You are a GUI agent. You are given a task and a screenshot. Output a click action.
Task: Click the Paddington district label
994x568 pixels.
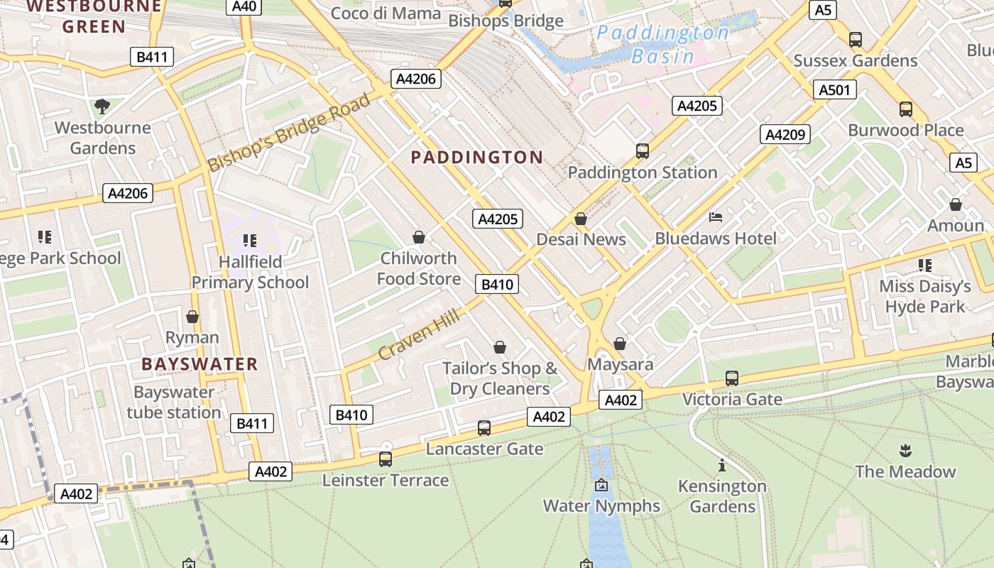pos(477,157)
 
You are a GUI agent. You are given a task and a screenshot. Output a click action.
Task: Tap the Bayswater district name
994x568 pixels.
pos(200,364)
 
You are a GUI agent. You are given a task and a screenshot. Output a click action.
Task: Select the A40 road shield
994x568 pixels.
pos(244,6)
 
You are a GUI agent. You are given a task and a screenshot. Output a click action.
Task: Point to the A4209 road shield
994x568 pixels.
pos(785,134)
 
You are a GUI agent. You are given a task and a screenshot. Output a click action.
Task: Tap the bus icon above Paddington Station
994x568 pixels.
pos(643,151)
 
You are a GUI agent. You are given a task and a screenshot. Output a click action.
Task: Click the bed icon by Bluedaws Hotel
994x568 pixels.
pos(716,217)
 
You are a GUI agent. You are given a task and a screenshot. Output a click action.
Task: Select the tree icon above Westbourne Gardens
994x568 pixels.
pos(102,106)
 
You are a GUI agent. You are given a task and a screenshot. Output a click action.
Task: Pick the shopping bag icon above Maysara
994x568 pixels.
pos(620,344)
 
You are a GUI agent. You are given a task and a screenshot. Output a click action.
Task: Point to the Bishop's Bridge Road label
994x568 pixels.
pos(290,133)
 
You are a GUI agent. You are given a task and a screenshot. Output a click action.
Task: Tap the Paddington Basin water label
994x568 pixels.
pos(662,44)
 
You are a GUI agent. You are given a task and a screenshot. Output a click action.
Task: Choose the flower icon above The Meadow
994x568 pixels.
pos(905,450)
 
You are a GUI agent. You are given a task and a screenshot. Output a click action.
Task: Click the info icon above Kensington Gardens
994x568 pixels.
pos(722,465)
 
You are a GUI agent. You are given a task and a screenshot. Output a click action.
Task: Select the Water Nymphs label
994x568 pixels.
pos(601,506)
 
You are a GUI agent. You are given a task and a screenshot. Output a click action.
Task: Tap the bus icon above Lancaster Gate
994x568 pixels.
pos(484,427)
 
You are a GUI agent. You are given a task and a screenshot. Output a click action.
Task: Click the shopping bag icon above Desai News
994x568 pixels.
pos(581,218)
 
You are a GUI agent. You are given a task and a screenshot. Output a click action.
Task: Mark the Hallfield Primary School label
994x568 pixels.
pos(250,272)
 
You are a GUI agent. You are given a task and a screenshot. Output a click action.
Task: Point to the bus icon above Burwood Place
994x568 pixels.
pos(906,109)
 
